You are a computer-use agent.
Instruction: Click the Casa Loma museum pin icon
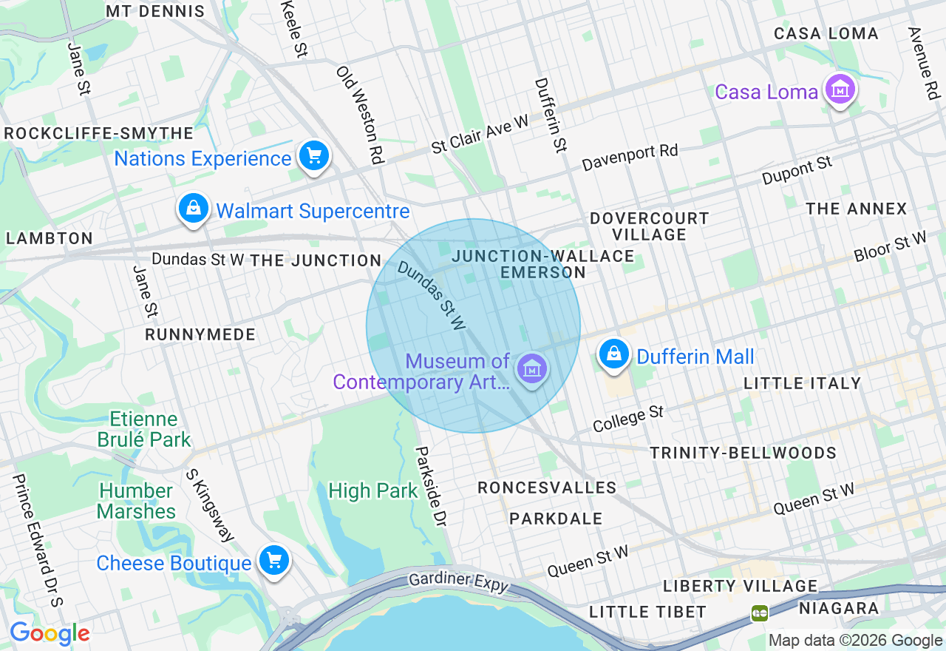(x=840, y=90)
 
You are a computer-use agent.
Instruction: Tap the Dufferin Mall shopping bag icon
(x=614, y=355)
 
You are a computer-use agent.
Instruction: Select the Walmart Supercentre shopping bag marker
(x=193, y=209)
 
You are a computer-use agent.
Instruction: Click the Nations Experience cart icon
(x=314, y=157)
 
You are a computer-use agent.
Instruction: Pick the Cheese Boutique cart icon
(x=274, y=561)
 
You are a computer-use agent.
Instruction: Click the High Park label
(x=372, y=490)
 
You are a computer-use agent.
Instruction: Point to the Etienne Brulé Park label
(x=144, y=430)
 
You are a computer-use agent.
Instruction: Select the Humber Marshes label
(x=137, y=501)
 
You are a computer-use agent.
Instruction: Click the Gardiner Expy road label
(x=459, y=581)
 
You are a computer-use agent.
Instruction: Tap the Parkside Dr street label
(x=431, y=485)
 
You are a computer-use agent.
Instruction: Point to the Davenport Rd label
(x=630, y=157)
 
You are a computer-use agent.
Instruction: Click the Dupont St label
(x=797, y=170)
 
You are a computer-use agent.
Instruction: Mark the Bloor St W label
(x=890, y=246)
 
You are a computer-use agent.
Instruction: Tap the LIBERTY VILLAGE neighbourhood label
(x=740, y=586)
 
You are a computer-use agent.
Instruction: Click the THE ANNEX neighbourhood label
(x=856, y=209)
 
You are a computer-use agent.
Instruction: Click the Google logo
(x=50, y=633)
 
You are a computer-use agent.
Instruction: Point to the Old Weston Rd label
(x=361, y=115)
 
